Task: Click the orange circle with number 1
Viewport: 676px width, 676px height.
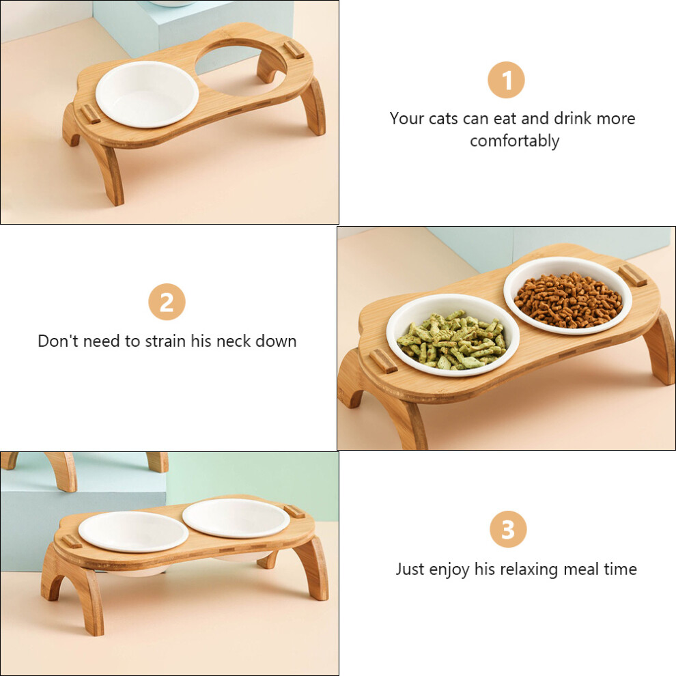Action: [x=506, y=80]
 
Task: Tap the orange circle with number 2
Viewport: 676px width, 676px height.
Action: [x=167, y=302]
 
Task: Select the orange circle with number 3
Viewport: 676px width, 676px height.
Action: [x=508, y=529]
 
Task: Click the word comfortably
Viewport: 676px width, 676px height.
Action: [x=514, y=141]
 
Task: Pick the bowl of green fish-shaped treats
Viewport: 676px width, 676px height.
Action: [x=453, y=335]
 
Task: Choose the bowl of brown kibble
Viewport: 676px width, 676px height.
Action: [x=568, y=296]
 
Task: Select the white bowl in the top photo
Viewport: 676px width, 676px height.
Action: [x=147, y=94]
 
